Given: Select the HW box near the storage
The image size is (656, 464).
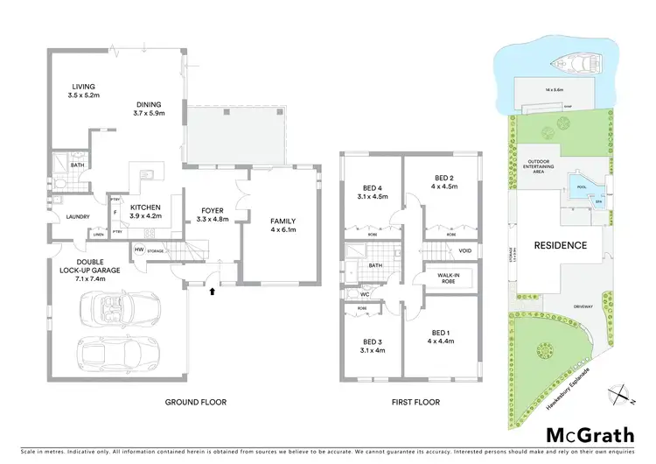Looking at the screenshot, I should [139, 250].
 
